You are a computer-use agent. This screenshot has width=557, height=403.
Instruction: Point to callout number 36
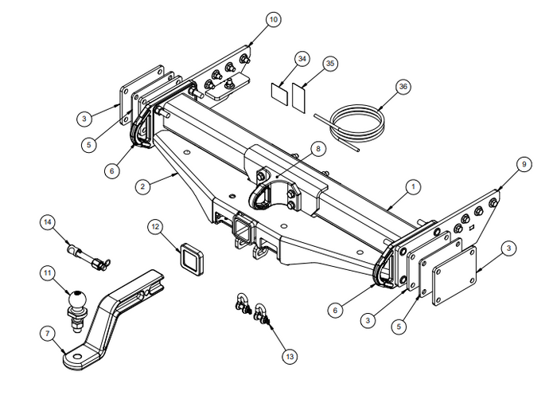point(404,85)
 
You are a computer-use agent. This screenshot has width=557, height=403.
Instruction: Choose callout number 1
point(413,187)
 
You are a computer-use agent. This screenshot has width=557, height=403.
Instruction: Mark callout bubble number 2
point(142,186)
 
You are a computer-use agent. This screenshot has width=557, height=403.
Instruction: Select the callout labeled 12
point(156,227)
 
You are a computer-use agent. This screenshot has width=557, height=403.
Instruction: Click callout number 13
point(289,357)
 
